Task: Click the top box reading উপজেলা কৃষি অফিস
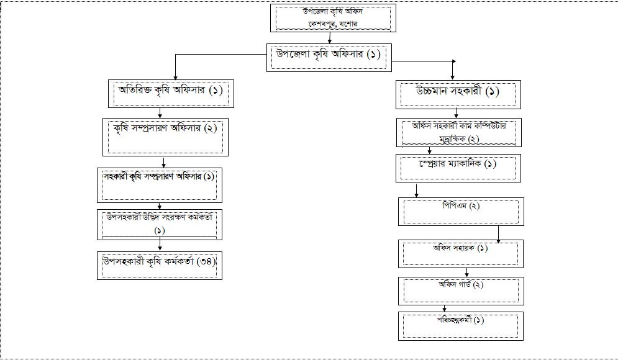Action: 330,17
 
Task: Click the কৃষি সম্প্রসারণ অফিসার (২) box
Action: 164,137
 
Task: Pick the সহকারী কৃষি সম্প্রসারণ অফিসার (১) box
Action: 160,184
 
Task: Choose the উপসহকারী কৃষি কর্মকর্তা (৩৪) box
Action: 160,266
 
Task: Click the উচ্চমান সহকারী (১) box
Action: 458,94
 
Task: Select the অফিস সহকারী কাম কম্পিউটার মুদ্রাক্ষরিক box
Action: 459,132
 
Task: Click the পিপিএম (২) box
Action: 461,212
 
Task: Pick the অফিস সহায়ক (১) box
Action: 461,253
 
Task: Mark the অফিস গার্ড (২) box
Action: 461,290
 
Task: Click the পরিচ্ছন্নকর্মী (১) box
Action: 460,325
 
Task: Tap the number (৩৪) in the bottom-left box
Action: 205,261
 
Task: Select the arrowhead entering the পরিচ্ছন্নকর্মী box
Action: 444,308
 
